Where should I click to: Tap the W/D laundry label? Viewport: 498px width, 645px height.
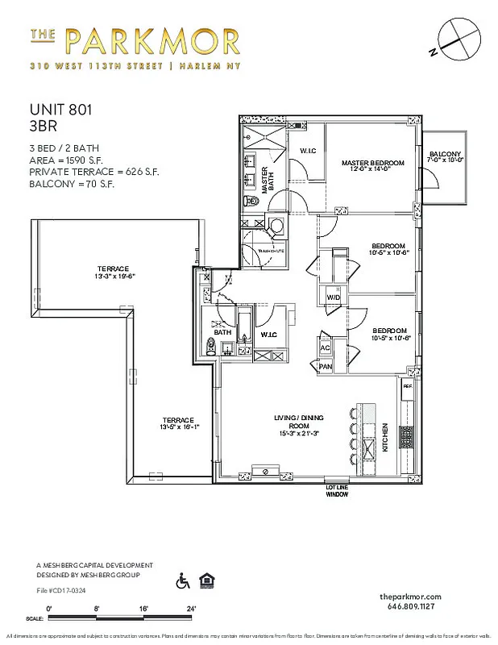332,298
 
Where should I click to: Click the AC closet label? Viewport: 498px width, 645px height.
326,347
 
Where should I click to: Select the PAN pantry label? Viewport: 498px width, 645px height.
326,366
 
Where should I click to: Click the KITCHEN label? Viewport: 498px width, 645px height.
386,436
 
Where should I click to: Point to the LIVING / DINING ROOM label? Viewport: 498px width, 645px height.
299,422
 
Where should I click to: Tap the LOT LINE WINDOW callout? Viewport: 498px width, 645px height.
337,491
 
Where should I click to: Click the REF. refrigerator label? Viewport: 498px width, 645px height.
407,385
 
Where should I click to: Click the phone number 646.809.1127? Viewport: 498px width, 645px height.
410,605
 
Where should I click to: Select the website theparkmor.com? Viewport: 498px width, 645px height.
410,594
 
